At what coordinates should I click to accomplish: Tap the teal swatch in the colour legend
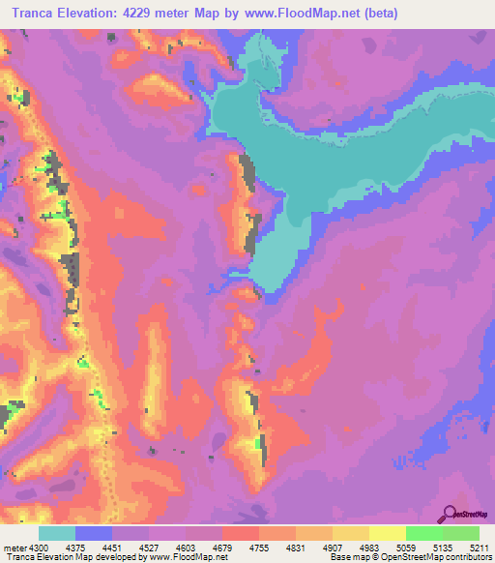click(x=57, y=533)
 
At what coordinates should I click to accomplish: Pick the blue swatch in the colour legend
click(x=94, y=533)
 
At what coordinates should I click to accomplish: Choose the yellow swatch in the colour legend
click(x=387, y=533)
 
